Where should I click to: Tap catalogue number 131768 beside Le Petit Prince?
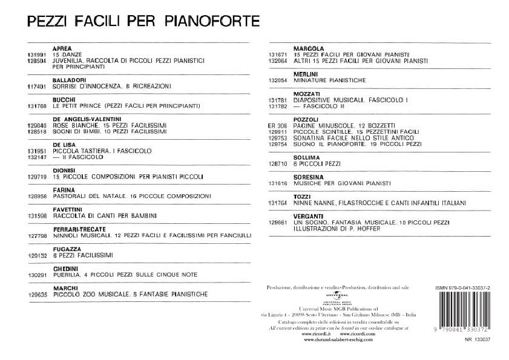point(37,106)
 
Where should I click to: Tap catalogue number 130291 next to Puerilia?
point(37,274)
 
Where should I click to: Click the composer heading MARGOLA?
point(309,48)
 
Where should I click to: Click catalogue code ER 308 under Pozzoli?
point(275,125)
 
